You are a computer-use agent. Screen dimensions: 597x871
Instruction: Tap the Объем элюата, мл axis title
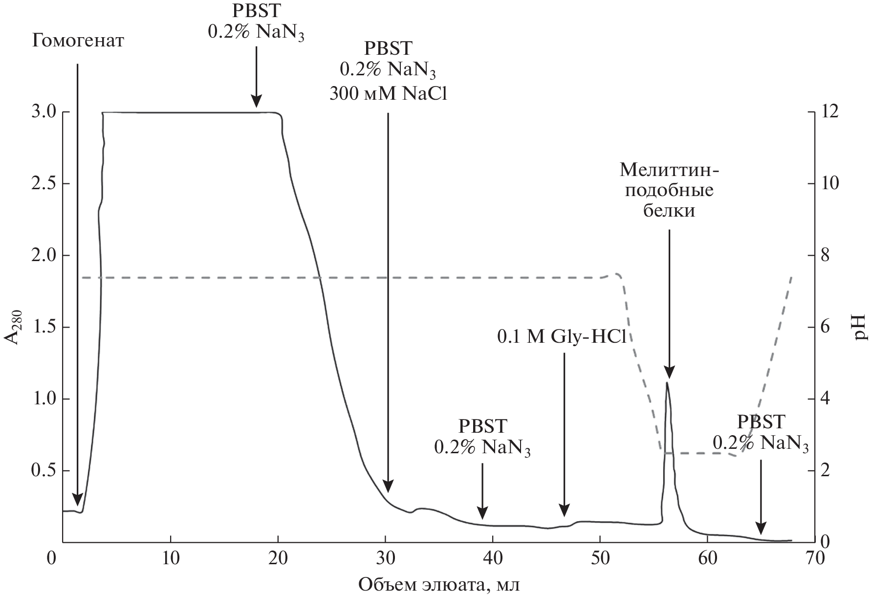439,584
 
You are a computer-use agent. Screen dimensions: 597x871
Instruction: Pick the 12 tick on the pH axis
831,112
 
